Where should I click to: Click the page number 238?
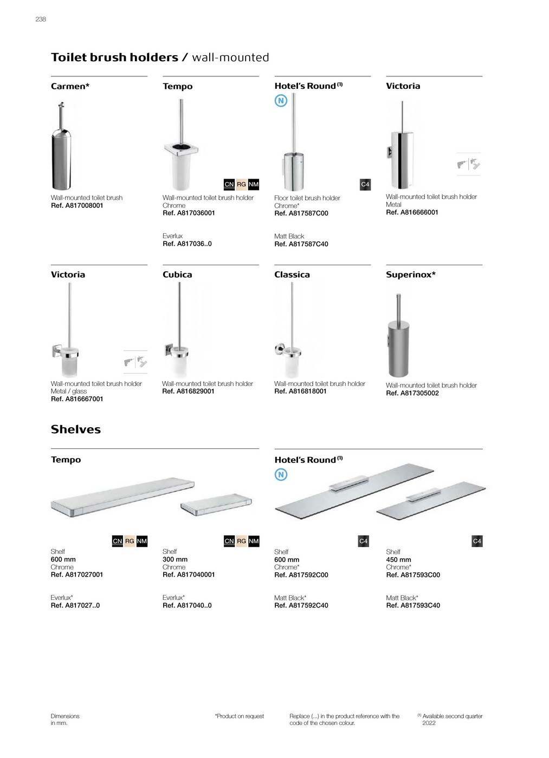41,19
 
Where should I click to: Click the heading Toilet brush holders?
114,57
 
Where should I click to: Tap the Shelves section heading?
76,429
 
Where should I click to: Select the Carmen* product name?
70,86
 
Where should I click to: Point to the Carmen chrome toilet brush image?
61,145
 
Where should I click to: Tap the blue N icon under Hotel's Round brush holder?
281,101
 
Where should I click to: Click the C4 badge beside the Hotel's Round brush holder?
365,185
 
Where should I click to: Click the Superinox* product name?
411,275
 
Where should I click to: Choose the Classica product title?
292,275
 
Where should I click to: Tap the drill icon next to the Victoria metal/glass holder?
135,362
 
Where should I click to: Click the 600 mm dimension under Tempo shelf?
63,559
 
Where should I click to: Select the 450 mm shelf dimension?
399,560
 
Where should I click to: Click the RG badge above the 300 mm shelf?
241,541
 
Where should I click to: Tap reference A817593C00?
413,575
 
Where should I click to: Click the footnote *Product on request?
240,716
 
